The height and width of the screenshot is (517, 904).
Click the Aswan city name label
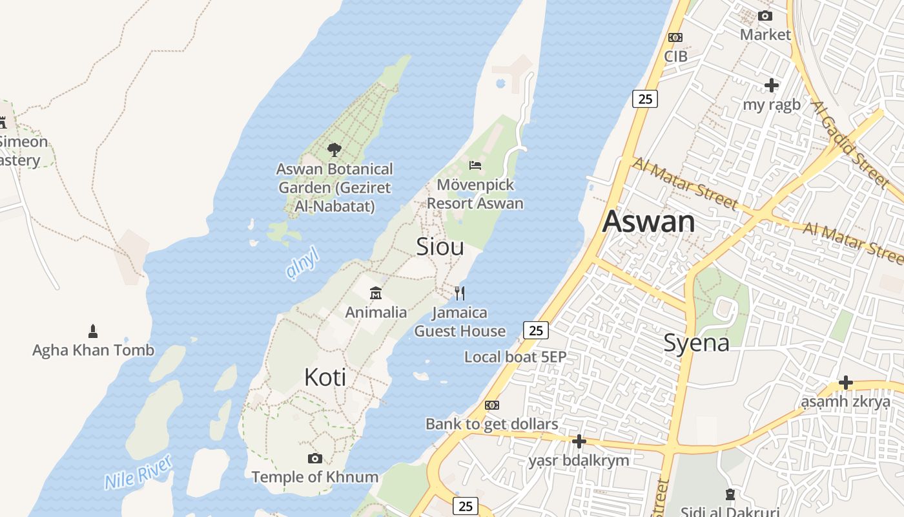click(x=648, y=222)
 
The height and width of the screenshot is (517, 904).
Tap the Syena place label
click(x=696, y=343)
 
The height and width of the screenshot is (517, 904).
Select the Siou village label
click(x=440, y=246)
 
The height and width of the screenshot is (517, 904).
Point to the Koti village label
click(x=325, y=377)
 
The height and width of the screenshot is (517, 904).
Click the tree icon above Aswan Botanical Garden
click(x=334, y=150)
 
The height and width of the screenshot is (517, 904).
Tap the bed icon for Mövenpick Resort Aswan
click(x=475, y=165)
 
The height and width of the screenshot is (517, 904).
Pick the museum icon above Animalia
click(x=376, y=293)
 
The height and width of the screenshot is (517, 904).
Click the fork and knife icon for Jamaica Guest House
click(x=460, y=293)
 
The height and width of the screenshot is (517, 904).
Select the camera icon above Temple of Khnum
click(x=315, y=458)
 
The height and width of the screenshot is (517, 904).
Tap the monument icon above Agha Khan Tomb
click(x=93, y=332)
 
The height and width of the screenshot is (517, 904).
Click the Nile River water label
click(x=138, y=472)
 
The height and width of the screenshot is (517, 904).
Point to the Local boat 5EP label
click(x=515, y=357)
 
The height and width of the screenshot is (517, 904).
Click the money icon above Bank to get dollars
click(x=492, y=405)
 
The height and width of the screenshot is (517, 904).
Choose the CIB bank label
click(x=675, y=56)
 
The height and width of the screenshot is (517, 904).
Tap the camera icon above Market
click(x=765, y=16)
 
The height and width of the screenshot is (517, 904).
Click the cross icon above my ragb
click(x=772, y=85)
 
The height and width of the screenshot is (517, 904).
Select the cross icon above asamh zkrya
click(x=845, y=383)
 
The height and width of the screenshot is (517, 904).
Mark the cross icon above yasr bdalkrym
click(x=579, y=441)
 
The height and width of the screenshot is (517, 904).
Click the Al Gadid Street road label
click(x=849, y=143)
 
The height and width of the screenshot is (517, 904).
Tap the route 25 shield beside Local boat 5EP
click(x=535, y=330)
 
